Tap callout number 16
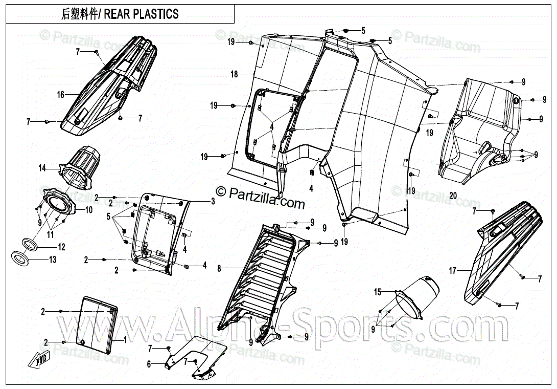61,95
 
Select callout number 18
234,75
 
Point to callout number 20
453,195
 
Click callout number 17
452,271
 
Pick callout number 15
378,292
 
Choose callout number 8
219,268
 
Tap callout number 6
149,364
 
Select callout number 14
42,168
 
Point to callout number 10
89,209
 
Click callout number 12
61,247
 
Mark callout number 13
53,260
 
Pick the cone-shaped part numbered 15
416,299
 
